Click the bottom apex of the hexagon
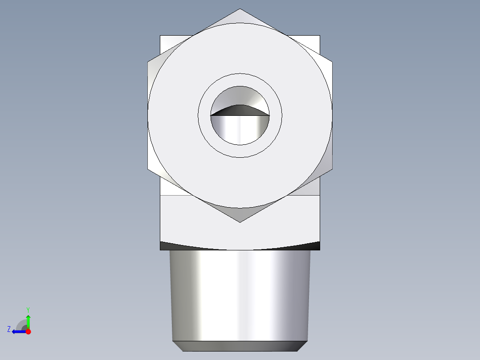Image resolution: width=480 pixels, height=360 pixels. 240,221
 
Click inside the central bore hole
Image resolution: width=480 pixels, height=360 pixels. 240,129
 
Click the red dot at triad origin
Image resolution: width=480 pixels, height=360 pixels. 28,331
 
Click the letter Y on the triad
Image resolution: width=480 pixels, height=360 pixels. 28,309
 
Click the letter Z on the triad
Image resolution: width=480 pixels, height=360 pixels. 9,329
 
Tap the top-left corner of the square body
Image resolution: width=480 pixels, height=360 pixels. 161,36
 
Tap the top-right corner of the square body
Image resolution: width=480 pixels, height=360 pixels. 319,36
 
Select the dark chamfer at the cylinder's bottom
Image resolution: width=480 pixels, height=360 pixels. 240,346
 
